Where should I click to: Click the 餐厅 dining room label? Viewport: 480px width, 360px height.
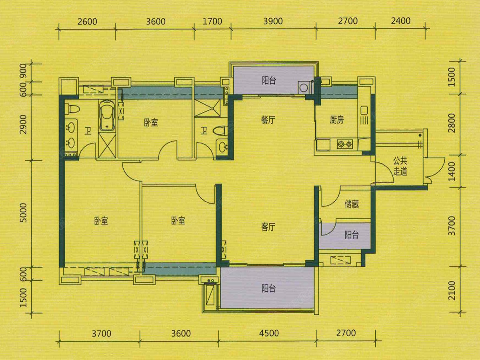point(268,120)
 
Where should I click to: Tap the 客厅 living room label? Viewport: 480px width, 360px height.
point(268,227)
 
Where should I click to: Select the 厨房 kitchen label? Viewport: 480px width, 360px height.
point(337,120)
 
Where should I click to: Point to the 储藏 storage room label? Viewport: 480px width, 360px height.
point(352,204)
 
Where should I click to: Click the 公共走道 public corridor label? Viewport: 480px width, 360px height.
point(400,166)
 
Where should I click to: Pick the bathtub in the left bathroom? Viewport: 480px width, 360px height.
point(107,116)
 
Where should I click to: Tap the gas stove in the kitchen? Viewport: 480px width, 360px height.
point(345,144)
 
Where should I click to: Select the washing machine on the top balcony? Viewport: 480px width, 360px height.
point(304,87)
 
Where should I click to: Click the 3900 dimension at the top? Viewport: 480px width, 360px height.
point(273,21)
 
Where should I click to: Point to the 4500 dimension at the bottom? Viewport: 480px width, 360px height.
point(269,333)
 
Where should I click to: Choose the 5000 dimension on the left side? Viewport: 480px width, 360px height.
point(23,213)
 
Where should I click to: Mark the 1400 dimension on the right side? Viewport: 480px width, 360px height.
point(452,171)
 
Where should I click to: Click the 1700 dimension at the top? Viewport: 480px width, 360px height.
point(212,22)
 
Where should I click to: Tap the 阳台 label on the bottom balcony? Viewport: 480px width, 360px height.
point(269,289)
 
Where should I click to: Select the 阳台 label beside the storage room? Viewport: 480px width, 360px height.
point(352,235)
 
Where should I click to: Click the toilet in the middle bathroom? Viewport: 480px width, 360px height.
point(220,130)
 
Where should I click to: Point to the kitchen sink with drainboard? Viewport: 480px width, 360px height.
point(364,115)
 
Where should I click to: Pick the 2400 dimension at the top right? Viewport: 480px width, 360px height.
point(401,21)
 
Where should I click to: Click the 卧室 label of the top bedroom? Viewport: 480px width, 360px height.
point(151,123)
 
